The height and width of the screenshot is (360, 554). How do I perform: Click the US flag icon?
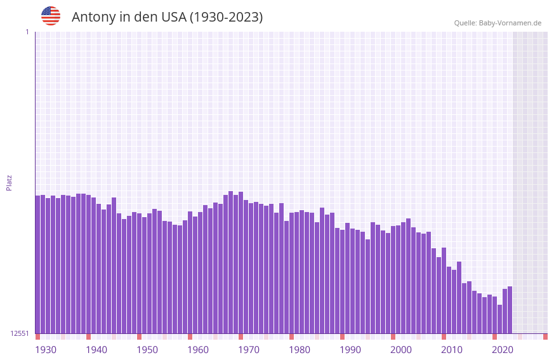pyautogui.click(x=51, y=16)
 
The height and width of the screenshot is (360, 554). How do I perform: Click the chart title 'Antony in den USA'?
pyautogui.click(x=167, y=17)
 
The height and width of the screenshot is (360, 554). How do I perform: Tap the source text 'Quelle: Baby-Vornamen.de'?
pyautogui.click(x=498, y=23)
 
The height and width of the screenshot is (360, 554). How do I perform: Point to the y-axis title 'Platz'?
pyautogui.click(x=9, y=182)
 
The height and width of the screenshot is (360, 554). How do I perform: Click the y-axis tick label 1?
pyautogui.click(x=27, y=32)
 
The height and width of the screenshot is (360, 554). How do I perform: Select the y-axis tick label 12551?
pyautogui.click(x=19, y=333)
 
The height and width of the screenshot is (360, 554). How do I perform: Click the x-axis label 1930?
pyautogui.click(x=46, y=350)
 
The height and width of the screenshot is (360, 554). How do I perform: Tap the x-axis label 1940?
pyautogui.click(x=96, y=350)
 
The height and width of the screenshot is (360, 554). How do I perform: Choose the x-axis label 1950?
pyautogui.click(x=147, y=350)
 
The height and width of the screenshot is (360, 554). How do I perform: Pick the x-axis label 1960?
pyautogui.click(x=198, y=350)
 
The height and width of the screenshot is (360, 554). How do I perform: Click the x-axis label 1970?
pyautogui.click(x=249, y=350)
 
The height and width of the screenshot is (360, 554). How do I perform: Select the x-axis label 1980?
pyautogui.click(x=300, y=350)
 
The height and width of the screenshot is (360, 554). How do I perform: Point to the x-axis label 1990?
pyautogui.click(x=350, y=350)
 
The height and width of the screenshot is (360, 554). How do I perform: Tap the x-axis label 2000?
pyautogui.click(x=401, y=350)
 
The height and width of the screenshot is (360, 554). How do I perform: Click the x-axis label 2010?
pyautogui.click(x=452, y=350)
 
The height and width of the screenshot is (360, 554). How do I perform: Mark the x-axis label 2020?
pyautogui.click(x=503, y=350)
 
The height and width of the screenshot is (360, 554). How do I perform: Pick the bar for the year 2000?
pyautogui.click(x=398, y=279)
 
